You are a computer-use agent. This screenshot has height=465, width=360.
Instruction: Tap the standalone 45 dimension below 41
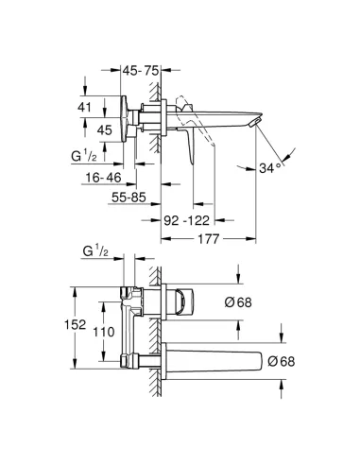106,130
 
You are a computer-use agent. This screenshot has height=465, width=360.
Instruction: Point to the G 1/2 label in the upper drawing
90,154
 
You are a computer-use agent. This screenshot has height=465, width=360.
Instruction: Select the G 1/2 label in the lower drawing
95,253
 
